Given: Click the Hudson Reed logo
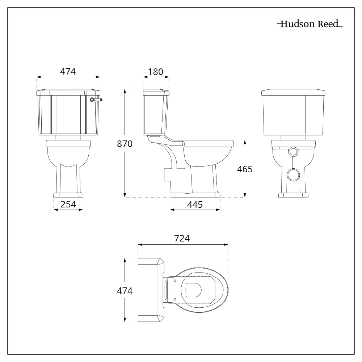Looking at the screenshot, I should (x=310, y=25).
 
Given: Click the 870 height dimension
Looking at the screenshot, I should (x=125, y=144).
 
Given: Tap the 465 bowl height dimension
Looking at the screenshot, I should (x=245, y=169).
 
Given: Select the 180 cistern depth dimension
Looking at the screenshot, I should (x=156, y=71).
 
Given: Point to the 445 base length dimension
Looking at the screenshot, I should (x=195, y=204).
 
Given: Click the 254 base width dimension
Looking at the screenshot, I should (x=68, y=204).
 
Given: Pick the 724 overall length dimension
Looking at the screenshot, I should (x=182, y=239).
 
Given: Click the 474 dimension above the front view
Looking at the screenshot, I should (x=68, y=71).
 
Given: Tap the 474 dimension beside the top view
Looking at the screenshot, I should (x=125, y=290).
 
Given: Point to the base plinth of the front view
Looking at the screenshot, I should (x=68, y=195).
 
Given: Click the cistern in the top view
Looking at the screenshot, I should (x=150, y=290).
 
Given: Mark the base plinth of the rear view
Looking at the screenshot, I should (x=293, y=195).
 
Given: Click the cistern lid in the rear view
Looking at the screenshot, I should (x=293, y=92).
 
